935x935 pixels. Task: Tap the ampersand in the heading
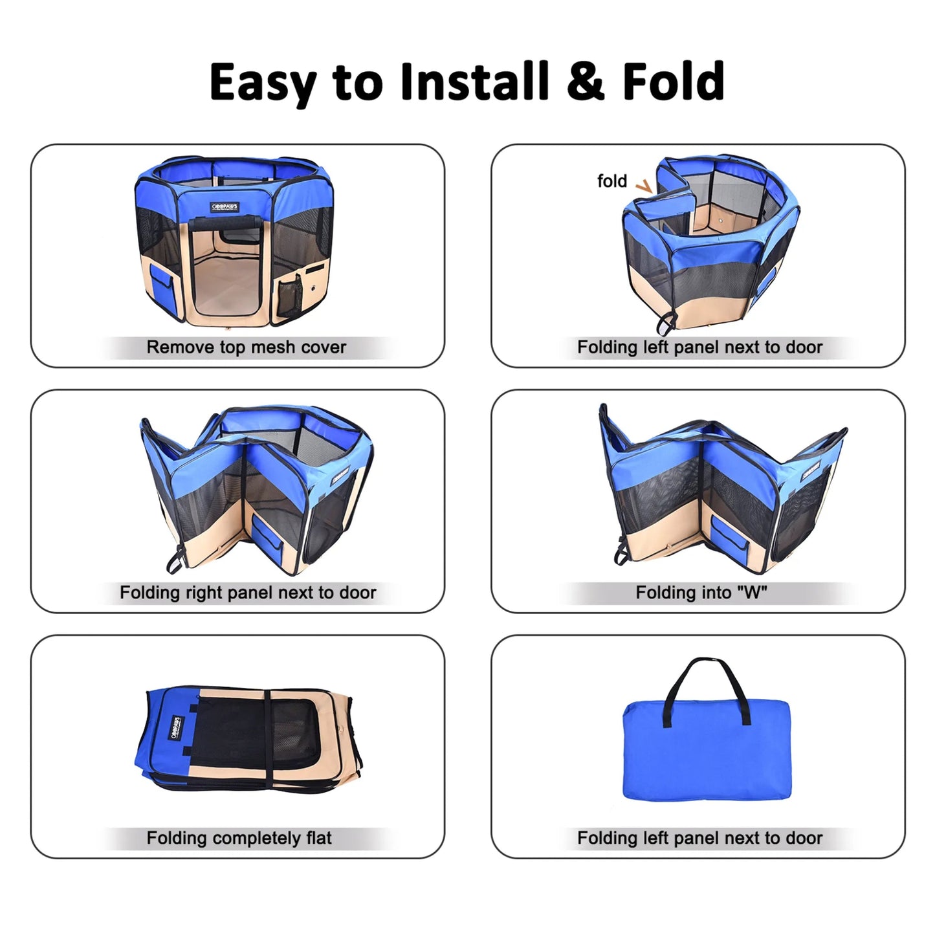(x=586, y=82)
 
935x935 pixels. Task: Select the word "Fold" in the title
(x=673, y=82)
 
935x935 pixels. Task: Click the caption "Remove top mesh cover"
(x=246, y=347)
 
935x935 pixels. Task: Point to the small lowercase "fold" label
(x=611, y=181)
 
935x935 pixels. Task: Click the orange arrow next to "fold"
(x=643, y=186)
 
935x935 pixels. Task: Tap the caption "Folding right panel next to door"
(x=248, y=593)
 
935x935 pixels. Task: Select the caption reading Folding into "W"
(x=701, y=593)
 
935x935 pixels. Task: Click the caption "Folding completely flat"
(x=239, y=838)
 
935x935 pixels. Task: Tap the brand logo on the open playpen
(x=225, y=207)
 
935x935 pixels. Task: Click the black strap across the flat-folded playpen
(x=267, y=738)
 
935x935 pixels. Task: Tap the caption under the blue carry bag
(x=699, y=838)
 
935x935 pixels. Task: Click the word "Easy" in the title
(x=263, y=82)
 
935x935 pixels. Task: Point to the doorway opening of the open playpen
(x=226, y=272)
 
